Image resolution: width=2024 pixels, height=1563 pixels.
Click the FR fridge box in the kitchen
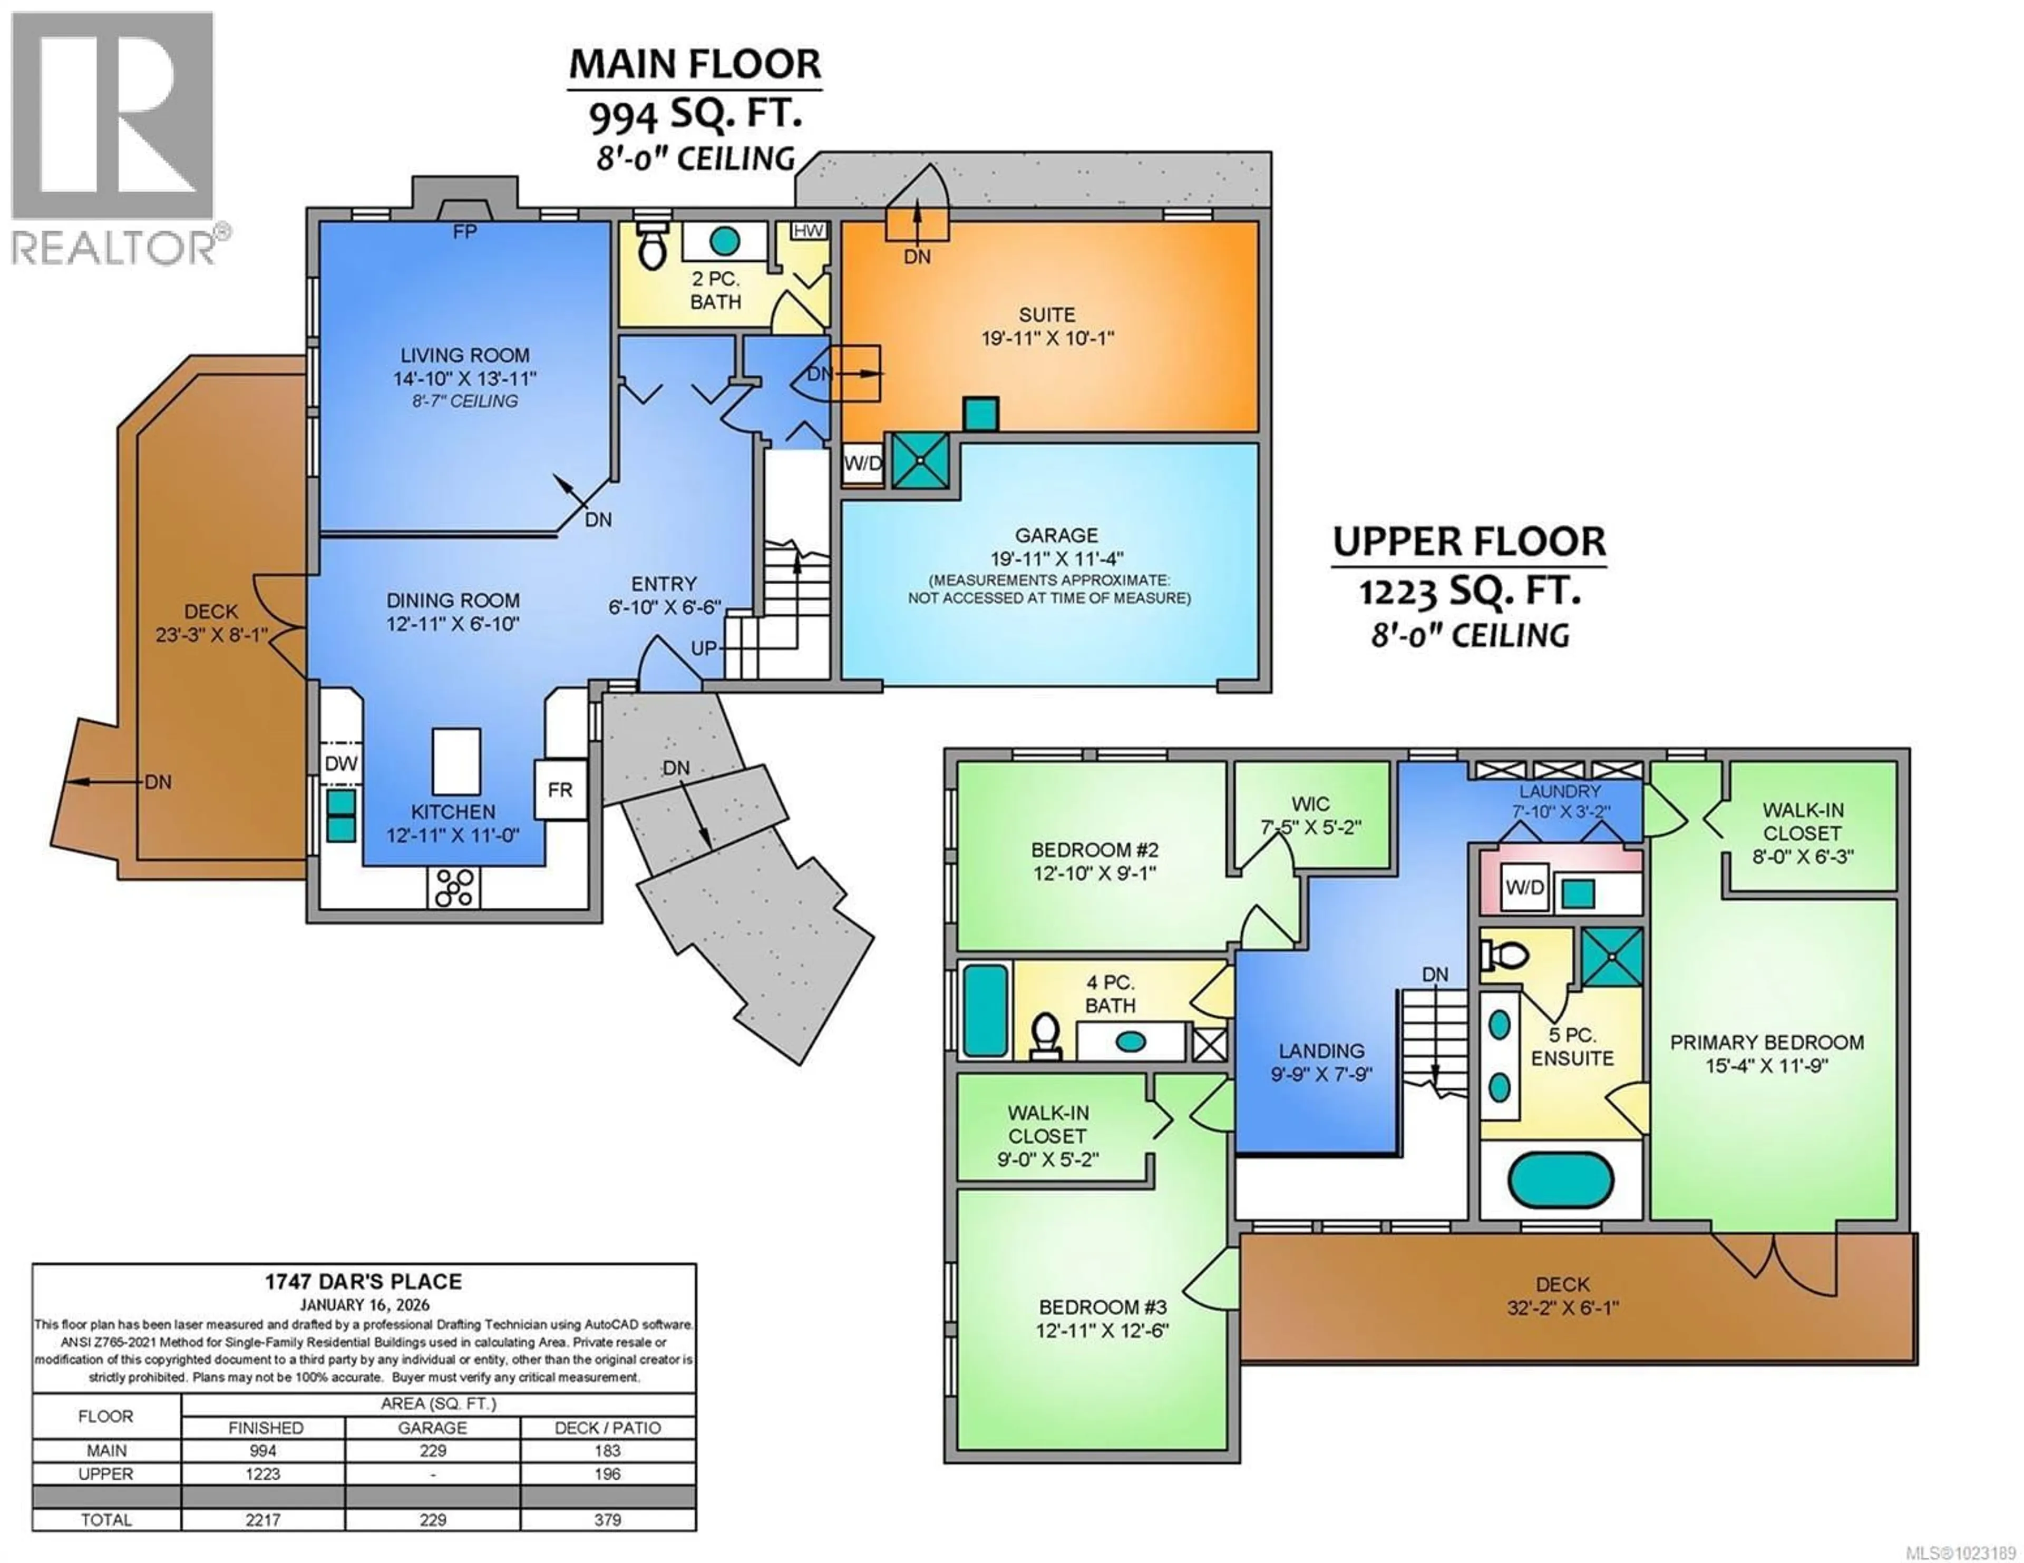click(x=560, y=789)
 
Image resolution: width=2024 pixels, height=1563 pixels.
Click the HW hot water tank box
click(x=808, y=231)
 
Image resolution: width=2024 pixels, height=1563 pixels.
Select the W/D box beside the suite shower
click(x=862, y=463)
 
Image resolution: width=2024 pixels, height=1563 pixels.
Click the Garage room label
click(x=1056, y=536)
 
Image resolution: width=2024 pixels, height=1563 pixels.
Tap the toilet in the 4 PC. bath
click(x=1046, y=1036)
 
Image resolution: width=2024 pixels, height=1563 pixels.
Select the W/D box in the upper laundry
click(x=1524, y=888)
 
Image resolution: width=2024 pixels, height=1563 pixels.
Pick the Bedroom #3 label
click(x=1102, y=1308)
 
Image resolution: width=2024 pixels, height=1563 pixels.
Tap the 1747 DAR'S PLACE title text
click(x=363, y=1281)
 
